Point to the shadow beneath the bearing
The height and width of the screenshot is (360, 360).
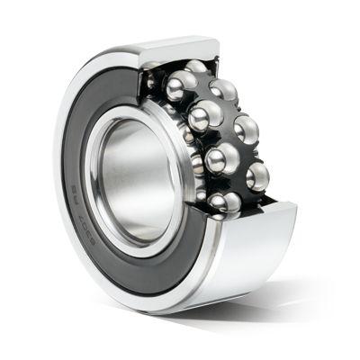point(297,306)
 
